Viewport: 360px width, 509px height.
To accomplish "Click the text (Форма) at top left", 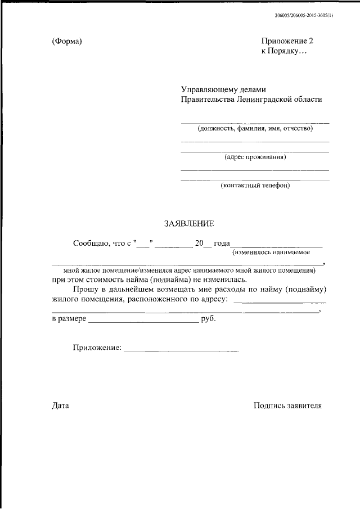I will click(67, 42).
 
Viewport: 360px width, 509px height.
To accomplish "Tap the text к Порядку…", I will click(284, 51).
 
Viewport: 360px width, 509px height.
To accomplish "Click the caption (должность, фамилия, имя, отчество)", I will click(255, 128).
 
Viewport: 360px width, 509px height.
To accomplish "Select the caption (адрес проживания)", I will click(255, 157).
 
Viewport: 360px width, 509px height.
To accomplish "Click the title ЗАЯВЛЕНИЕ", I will click(189, 224).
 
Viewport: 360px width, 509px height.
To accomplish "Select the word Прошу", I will click(84, 289).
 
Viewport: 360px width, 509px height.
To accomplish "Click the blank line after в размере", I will click(143, 322).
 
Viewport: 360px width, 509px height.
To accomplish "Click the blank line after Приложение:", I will click(181, 351).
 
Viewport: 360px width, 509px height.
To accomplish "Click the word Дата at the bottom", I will click(60, 405).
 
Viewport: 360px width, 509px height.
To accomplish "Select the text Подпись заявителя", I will click(287, 405).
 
